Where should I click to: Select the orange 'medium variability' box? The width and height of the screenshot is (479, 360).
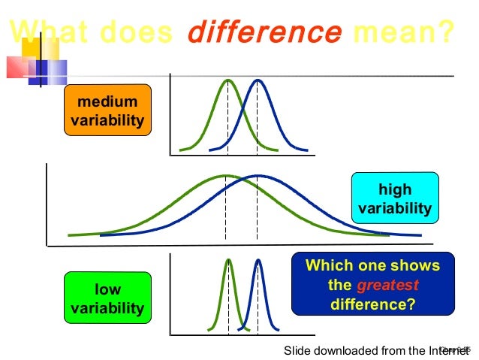point(107,110)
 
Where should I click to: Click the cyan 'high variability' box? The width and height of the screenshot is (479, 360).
point(395,198)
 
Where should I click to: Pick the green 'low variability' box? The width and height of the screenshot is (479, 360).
point(107,298)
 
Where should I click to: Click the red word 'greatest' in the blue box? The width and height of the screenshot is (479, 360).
point(387,286)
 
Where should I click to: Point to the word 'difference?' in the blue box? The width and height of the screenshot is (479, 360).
point(372,304)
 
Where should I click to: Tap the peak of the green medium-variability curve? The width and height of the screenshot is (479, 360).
point(227,80)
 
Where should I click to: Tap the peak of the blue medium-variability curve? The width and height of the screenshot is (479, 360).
point(258,80)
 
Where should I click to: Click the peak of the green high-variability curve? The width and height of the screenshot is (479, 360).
point(226,176)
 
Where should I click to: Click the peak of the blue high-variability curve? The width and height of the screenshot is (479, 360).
point(258,176)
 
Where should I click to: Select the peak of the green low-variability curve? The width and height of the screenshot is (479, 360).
point(229,260)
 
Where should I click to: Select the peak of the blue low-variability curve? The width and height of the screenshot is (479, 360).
point(258,260)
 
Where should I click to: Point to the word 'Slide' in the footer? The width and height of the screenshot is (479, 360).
point(298,350)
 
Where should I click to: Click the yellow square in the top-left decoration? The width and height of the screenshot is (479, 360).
point(40,48)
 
